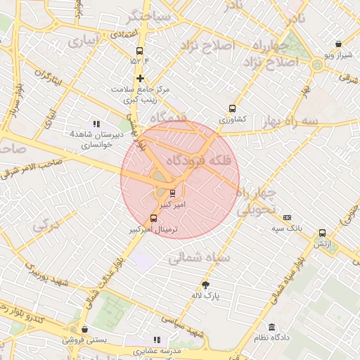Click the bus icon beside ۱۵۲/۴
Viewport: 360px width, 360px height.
pos(140,51)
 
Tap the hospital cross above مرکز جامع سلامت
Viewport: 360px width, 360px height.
pos(141,78)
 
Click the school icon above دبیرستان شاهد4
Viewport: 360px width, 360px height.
pos(96,124)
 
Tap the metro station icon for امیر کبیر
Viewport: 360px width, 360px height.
pos(173,193)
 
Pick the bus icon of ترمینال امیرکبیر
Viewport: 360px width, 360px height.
pos(154,218)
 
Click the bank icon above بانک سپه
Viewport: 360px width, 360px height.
pos(287,217)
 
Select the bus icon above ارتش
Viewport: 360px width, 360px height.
pos(322,233)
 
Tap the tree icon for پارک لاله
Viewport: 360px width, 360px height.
pos(205,285)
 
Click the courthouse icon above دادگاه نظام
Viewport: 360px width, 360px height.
pos(271,327)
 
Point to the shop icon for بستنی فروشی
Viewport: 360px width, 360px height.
pos(84,328)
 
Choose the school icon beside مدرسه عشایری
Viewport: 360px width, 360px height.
pos(156,340)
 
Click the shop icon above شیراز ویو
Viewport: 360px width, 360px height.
pos(338,44)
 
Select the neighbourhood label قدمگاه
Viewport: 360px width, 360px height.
pos(166,117)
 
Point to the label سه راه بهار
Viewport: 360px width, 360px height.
pos(289,121)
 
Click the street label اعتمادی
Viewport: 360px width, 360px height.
pos(124,34)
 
